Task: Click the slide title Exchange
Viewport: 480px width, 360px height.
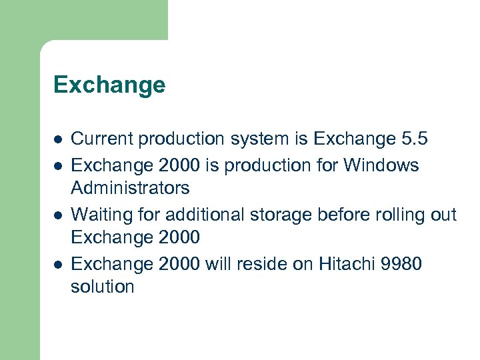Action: [109, 85]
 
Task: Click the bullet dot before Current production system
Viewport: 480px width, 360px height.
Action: [58, 139]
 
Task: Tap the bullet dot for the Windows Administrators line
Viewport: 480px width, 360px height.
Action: [58, 165]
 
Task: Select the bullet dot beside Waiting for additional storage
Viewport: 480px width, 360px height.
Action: [58, 215]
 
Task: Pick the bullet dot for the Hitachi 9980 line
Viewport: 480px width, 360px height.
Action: [58, 265]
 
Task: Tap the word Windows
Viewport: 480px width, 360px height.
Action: [381, 164]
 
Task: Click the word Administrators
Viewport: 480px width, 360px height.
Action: [130, 189]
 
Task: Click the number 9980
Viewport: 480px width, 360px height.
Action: [402, 264]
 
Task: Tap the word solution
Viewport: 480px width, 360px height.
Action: [103, 287]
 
